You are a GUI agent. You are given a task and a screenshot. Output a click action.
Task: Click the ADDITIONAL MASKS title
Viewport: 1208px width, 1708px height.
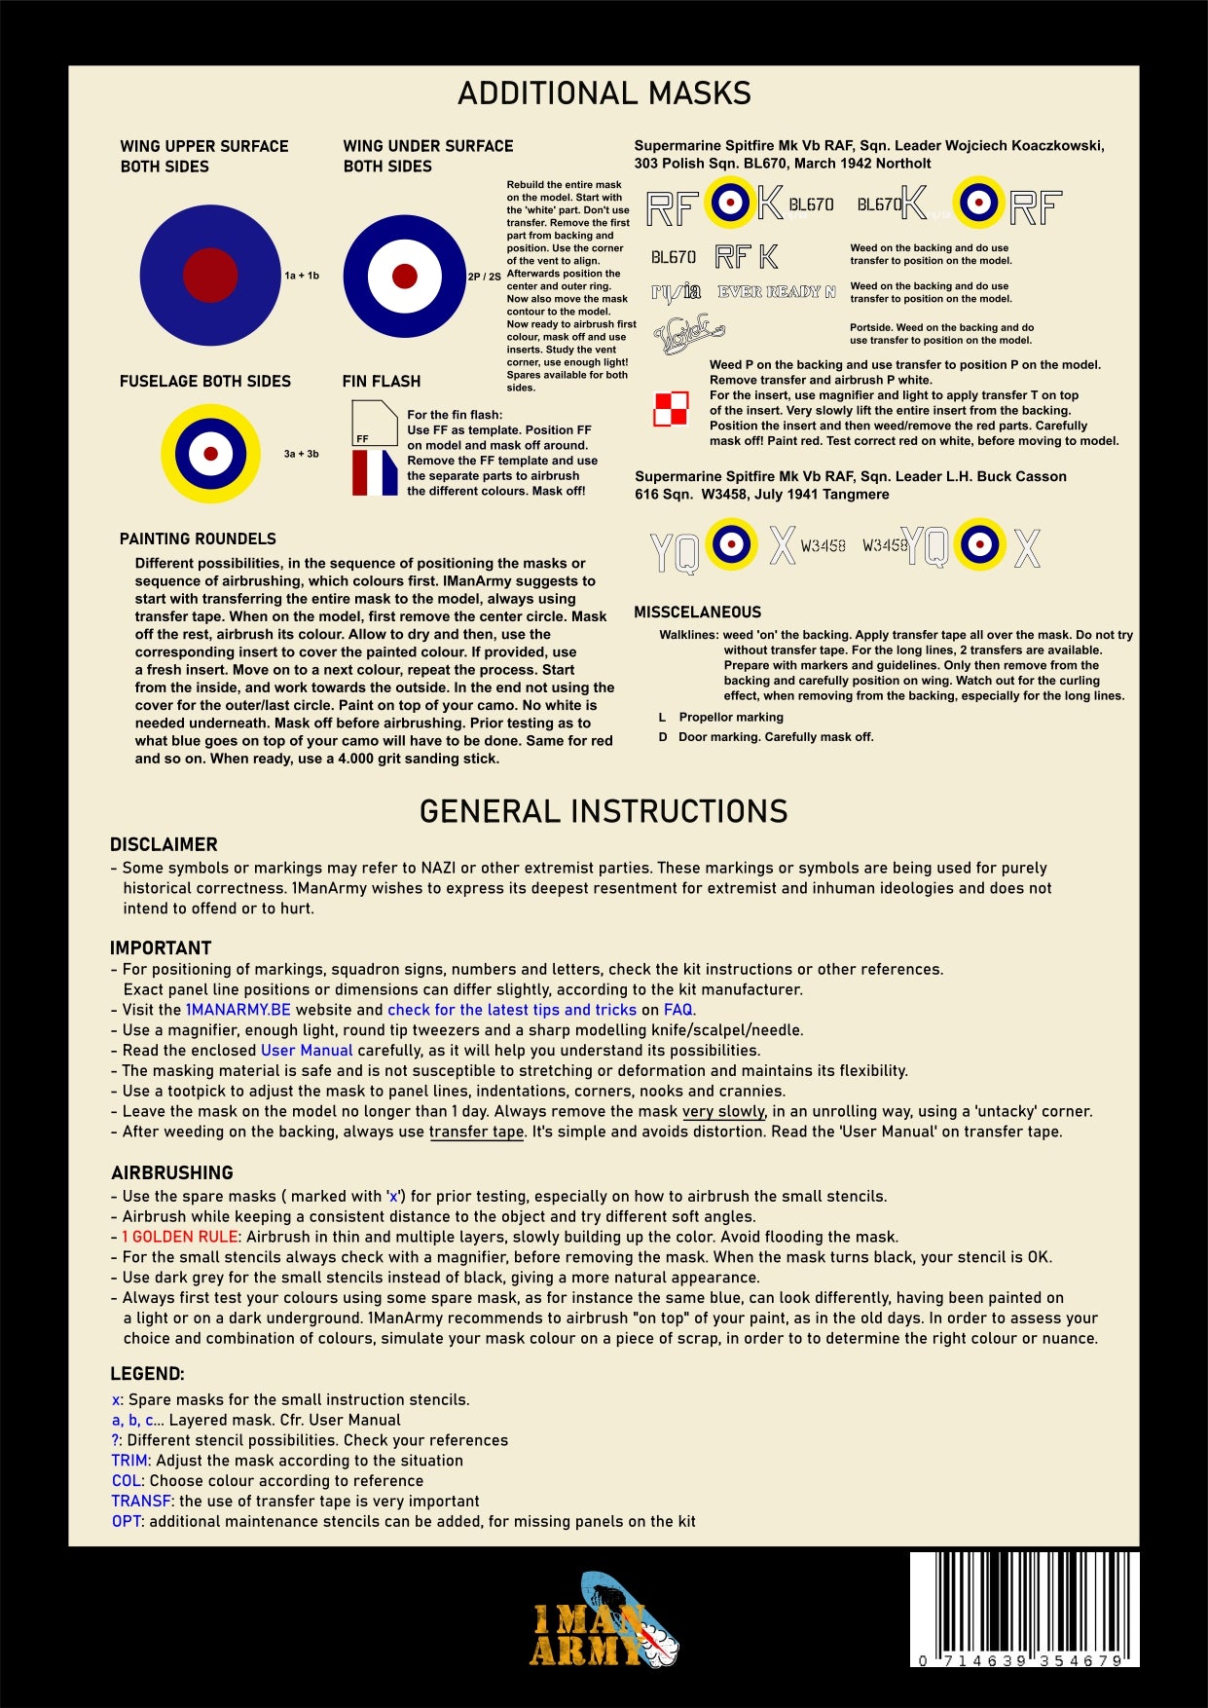point(604,93)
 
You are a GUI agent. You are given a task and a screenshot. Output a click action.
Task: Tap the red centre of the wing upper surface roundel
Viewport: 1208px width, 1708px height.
point(210,275)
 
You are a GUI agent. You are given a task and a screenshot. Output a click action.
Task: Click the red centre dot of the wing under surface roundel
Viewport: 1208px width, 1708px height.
point(405,276)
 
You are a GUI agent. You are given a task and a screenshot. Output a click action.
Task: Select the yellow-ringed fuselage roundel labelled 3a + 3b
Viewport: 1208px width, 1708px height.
point(210,454)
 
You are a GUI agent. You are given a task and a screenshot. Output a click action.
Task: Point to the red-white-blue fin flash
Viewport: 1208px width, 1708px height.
point(375,472)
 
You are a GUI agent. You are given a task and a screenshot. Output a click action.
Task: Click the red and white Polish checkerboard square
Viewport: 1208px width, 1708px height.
point(671,409)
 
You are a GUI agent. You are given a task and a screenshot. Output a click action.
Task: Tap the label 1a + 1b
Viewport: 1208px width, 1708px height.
point(302,276)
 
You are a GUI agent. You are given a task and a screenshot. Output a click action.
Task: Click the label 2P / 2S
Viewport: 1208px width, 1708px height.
point(485,277)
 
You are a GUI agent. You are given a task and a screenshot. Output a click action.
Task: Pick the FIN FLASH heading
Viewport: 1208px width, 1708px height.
point(382,382)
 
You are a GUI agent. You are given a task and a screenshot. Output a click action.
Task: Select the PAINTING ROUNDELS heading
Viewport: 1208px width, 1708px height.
point(198,538)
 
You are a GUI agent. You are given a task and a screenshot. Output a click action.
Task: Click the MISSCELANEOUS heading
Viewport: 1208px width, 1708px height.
point(697,613)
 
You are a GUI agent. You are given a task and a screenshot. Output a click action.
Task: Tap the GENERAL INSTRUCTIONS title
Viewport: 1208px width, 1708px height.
point(604,811)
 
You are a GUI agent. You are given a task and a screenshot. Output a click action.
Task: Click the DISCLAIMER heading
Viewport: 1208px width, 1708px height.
point(164,844)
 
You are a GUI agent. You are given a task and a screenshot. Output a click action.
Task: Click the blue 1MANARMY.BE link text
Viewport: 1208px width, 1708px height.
point(238,1010)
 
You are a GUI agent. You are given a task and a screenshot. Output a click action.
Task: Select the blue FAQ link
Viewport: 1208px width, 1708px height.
point(678,1010)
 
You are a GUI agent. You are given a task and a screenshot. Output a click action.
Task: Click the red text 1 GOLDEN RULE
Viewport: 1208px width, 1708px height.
point(180,1237)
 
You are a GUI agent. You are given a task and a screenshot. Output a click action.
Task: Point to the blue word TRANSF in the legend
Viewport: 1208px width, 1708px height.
point(141,1501)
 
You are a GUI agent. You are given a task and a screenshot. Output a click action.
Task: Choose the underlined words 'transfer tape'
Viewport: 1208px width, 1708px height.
point(476,1132)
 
